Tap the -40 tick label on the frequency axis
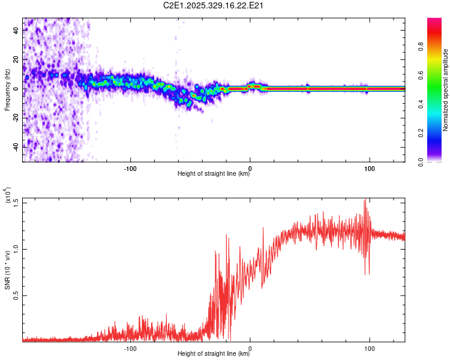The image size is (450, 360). click(16, 146)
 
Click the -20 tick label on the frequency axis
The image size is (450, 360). click(16, 118)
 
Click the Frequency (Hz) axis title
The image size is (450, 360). click(7, 89)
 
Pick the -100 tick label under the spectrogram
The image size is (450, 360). click(131, 168)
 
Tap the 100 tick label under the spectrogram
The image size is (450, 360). click(370, 168)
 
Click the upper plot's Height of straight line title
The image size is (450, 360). click(214, 174)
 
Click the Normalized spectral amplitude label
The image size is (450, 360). click(446, 90)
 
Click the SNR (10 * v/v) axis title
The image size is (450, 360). click(7, 271)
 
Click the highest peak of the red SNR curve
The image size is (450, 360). click(365, 200)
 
